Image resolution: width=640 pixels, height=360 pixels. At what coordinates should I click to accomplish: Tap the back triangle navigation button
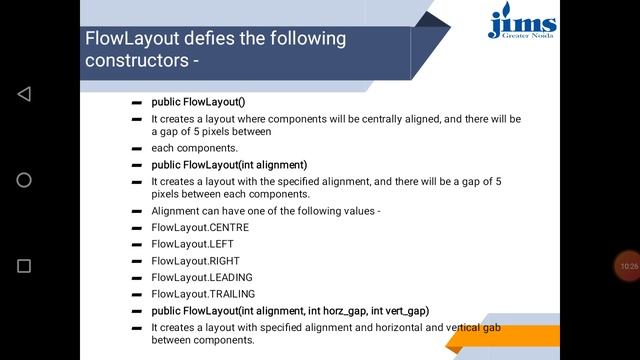tap(24, 94)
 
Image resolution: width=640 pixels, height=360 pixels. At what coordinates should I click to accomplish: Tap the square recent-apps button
tap(24, 266)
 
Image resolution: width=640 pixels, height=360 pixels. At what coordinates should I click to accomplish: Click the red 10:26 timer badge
tap(628, 266)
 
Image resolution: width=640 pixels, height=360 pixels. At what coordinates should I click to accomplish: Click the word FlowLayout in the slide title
tap(124, 39)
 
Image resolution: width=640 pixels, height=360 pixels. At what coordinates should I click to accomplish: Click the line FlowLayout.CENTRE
tap(200, 227)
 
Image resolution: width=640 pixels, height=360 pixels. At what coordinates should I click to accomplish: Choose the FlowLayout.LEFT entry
tap(194, 244)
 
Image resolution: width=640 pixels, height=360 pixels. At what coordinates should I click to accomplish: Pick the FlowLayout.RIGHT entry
tap(196, 261)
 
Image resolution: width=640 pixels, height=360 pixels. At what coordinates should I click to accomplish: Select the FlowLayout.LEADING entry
tap(202, 277)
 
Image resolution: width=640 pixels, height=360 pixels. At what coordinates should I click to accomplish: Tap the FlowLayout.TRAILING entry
tap(203, 294)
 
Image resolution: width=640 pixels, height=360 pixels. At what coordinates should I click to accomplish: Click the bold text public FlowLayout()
tap(198, 102)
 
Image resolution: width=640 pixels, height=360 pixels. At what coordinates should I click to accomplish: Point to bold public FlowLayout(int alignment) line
tap(229, 165)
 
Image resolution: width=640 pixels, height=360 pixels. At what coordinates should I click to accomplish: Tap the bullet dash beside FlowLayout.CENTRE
tap(136, 228)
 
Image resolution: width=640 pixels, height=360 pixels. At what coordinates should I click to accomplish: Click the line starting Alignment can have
tap(265, 211)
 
